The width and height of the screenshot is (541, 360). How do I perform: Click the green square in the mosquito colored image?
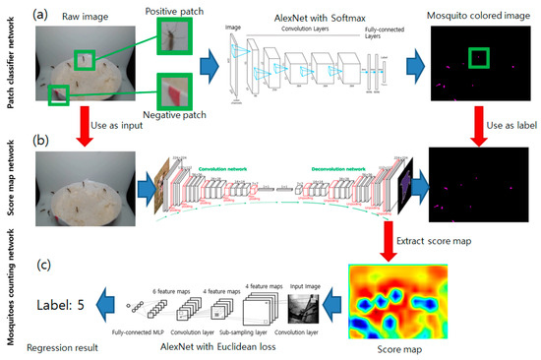479,61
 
